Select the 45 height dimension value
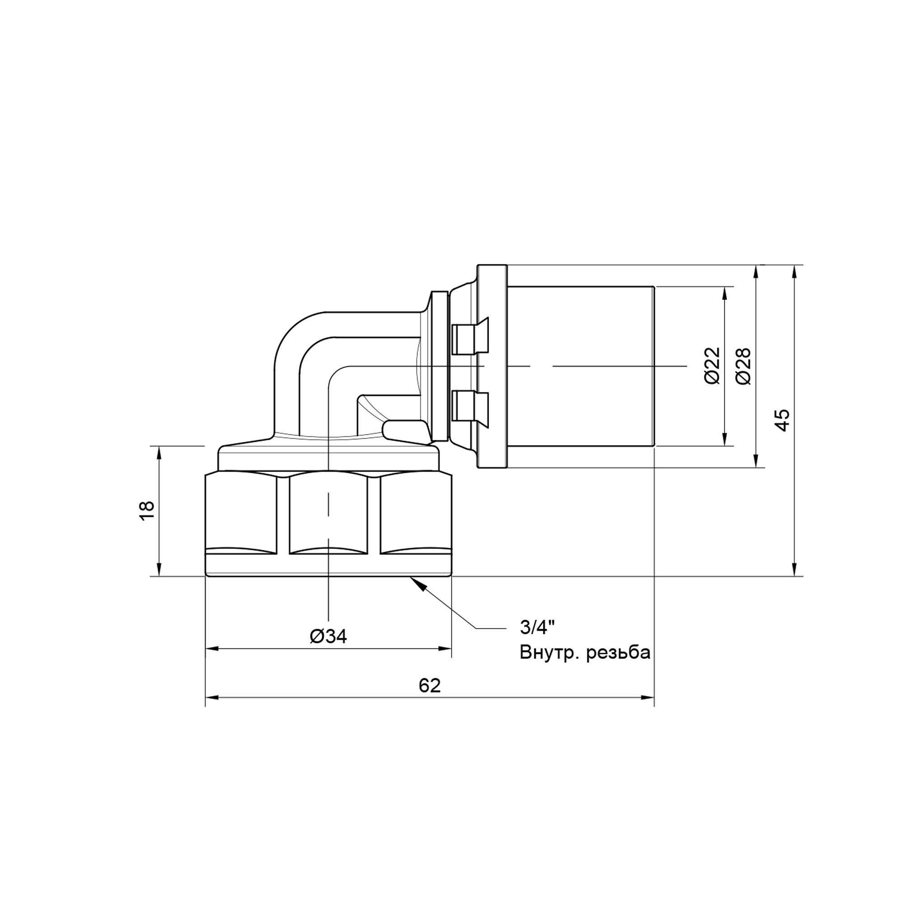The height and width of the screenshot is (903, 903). click(782, 419)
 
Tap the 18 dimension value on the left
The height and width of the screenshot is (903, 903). click(146, 511)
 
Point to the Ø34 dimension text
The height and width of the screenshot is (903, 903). click(328, 636)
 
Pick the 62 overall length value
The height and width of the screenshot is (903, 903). click(429, 686)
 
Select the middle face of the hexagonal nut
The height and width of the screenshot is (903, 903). click(328, 514)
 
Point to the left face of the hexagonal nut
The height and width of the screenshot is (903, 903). click(241, 514)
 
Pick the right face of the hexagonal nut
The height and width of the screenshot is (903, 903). click(415, 514)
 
